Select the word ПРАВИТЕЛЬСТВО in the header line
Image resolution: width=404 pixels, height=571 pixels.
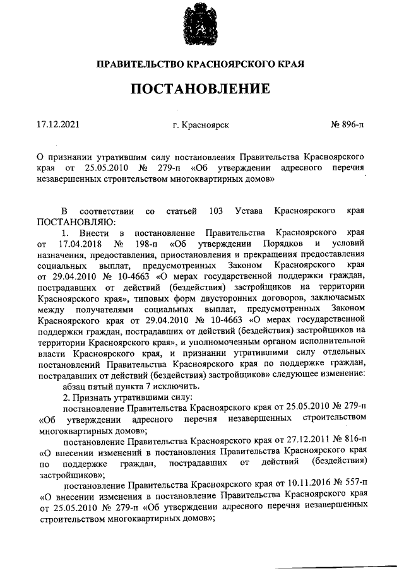(x=140, y=64)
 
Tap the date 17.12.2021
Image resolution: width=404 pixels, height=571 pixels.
(x=59, y=125)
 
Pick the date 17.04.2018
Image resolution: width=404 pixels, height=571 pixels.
(x=79, y=243)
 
